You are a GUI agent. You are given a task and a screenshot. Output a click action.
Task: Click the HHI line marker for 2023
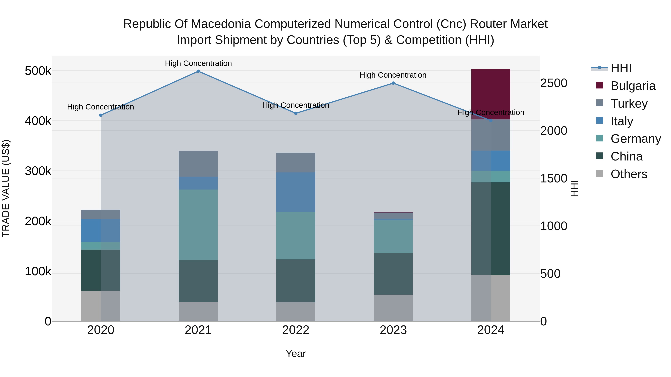click(393, 83)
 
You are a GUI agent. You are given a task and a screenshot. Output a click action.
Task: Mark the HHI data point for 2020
click(101, 115)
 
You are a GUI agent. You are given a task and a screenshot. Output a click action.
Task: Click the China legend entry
click(626, 156)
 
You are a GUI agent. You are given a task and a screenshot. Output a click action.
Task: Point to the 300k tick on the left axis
click(38, 171)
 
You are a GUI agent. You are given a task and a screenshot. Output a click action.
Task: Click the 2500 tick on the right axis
click(554, 83)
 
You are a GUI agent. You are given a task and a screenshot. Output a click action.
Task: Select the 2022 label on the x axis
click(296, 330)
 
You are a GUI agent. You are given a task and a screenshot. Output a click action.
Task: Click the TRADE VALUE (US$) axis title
click(6, 188)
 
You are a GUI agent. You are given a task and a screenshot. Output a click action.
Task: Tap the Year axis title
click(296, 354)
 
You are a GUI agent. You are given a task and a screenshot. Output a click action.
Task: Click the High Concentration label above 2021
click(198, 63)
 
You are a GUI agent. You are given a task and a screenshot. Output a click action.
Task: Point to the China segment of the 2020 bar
click(101, 270)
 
